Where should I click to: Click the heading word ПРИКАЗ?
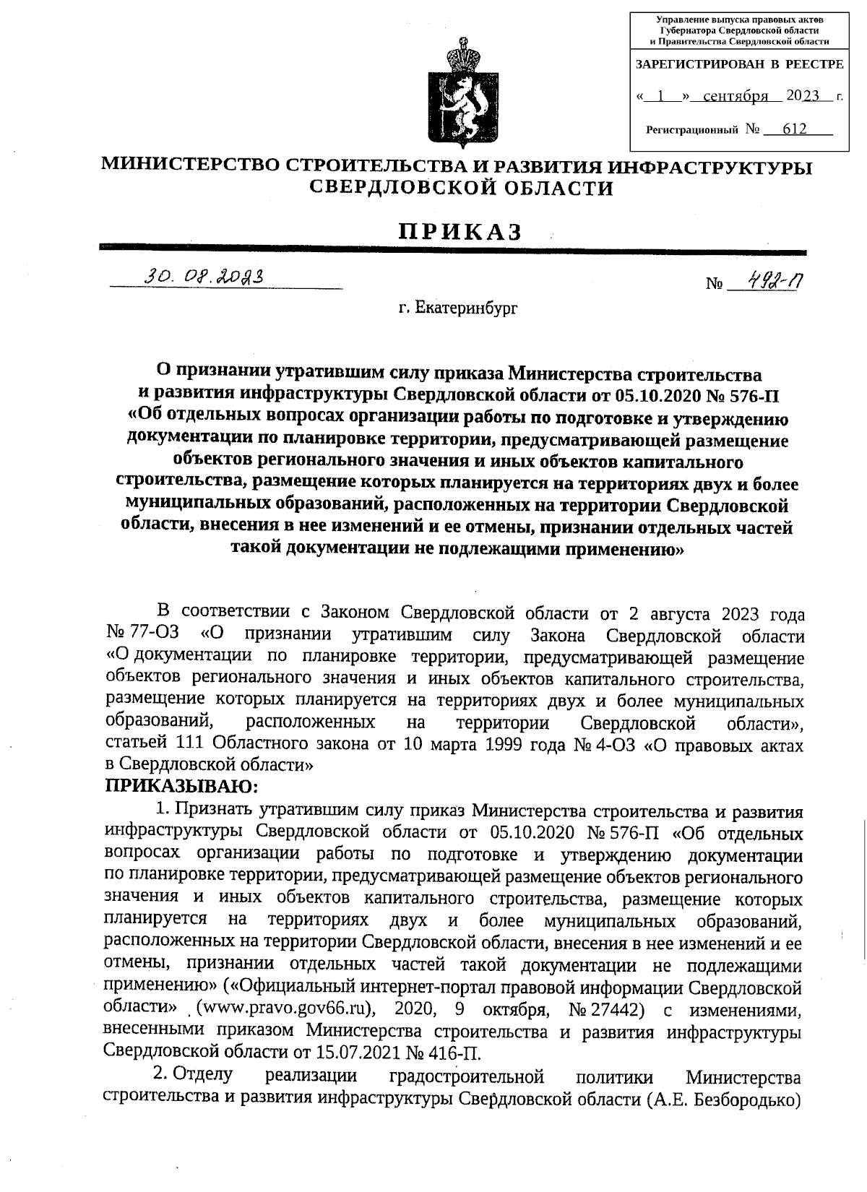(x=460, y=231)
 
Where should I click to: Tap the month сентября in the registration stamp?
(x=734, y=96)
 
